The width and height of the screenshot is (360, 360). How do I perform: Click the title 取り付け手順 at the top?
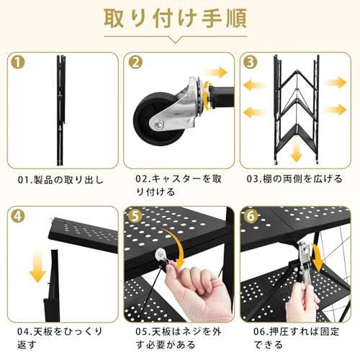[x=175, y=19]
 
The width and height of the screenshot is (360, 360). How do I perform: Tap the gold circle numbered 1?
[x=18, y=63]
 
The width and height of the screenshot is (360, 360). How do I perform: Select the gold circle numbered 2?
[x=135, y=63]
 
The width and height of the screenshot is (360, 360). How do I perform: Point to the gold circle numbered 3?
[x=251, y=63]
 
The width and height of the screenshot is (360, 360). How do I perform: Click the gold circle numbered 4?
[x=18, y=217]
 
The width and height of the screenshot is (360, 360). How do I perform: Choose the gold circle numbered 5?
[x=135, y=217]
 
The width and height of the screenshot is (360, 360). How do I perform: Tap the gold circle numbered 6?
[x=251, y=217]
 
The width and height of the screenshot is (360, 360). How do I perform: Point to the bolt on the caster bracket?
[x=159, y=125]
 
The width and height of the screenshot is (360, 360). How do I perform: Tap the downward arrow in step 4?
[x=37, y=265]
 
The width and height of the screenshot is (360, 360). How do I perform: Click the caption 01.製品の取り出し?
[x=60, y=180]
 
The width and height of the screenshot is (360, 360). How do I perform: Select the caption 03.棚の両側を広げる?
[x=294, y=179]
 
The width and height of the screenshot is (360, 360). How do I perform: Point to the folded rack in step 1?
[x=60, y=110]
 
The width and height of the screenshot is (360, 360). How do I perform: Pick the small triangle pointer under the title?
[x=175, y=40]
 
